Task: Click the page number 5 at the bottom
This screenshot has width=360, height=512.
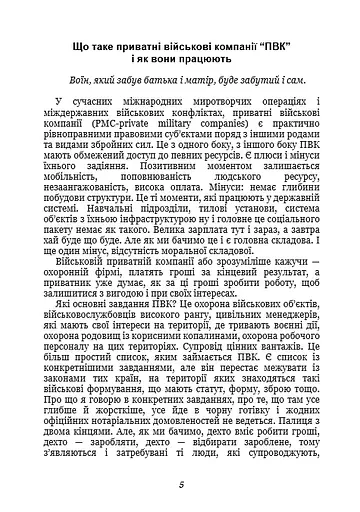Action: [180, 486]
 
